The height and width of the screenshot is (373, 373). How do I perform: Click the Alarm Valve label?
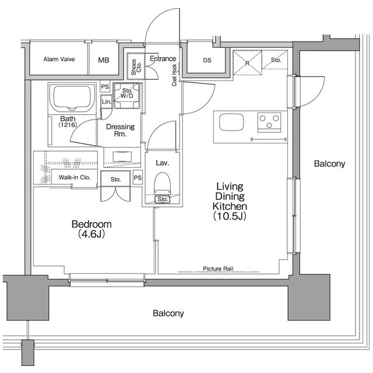(59, 59)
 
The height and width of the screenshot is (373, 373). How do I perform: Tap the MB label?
(104, 60)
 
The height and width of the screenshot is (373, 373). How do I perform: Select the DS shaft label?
(207, 61)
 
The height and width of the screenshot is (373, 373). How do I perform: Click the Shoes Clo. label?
(136, 67)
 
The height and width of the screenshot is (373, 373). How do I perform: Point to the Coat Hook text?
(174, 75)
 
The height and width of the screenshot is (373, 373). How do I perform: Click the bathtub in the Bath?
(72, 98)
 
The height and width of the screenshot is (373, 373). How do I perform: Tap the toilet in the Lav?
(162, 184)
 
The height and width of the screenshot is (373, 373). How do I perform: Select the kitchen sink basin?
(231, 122)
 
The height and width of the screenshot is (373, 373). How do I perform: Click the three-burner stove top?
(269, 122)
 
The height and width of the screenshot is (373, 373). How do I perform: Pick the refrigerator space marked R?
(247, 63)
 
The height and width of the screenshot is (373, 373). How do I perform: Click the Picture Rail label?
(218, 269)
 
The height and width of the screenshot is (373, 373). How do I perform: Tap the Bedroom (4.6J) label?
(92, 229)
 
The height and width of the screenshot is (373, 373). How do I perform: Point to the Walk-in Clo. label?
(75, 177)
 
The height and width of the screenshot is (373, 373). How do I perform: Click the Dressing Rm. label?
(120, 130)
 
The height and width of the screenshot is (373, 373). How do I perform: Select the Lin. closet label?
(106, 102)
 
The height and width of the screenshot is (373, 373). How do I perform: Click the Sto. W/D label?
(127, 93)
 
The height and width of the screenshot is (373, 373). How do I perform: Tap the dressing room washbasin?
(122, 157)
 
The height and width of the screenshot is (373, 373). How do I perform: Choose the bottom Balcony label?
(168, 313)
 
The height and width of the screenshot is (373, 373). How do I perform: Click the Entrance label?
(163, 58)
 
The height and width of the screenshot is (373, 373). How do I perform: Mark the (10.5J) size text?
(230, 216)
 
